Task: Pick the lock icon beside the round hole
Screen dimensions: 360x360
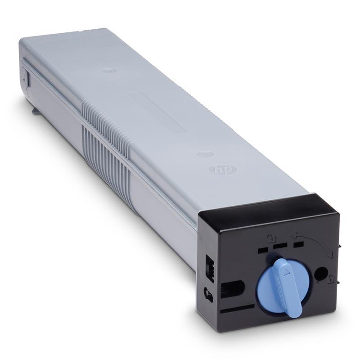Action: click(x=331, y=278)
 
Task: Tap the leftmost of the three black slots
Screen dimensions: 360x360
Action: click(x=263, y=250)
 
